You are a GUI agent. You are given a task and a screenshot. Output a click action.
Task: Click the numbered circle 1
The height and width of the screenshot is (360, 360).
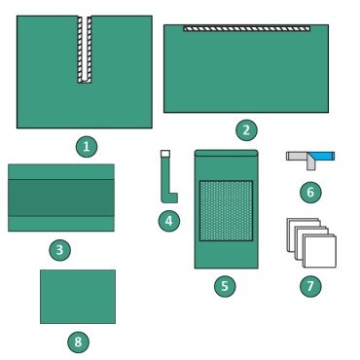pyautogui.click(x=87, y=147)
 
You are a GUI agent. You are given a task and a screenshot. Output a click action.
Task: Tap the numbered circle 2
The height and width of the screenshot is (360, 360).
pyautogui.click(x=246, y=130)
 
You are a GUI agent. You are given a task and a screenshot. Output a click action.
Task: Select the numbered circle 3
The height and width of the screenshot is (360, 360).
pyautogui.click(x=59, y=250)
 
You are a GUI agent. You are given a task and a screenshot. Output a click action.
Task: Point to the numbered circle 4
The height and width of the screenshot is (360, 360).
pyautogui.click(x=169, y=221)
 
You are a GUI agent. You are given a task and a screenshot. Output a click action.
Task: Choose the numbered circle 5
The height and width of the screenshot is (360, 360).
pyautogui.click(x=225, y=286)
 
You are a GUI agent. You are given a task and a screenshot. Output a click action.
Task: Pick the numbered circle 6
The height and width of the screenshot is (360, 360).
pyautogui.click(x=310, y=192)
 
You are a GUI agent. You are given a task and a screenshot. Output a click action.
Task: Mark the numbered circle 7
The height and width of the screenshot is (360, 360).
pyautogui.click(x=310, y=286)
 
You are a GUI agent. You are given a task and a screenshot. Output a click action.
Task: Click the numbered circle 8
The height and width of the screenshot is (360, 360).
pyautogui.click(x=78, y=342)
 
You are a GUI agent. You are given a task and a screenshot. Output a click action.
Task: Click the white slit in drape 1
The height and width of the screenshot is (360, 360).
pyautogui.click(x=85, y=48)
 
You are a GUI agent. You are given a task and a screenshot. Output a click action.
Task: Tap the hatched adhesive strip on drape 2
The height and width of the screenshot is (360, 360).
pyautogui.click(x=247, y=29)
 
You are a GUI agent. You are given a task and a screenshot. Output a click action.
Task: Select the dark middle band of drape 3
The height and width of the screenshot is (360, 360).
pyautogui.click(x=61, y=198)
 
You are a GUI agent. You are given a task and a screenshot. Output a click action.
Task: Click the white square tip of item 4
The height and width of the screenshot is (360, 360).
pyautogui.click(x=165, y=154)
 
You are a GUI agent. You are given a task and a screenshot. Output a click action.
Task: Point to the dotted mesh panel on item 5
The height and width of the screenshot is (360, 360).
pyautogui.click(x=226, y=211)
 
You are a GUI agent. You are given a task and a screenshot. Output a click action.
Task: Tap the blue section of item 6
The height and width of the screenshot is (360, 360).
pyautogui.click(x=323, y=157)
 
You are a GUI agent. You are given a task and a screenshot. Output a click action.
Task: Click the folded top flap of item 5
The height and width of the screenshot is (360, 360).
pyautogui.click(x=227, y=153)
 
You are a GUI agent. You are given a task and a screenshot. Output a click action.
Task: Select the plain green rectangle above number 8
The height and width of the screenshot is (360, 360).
pyautogui.click(x=78, y=297)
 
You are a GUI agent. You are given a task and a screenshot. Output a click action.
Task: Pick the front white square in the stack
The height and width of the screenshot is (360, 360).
pyautogui.click(x=320, y=252)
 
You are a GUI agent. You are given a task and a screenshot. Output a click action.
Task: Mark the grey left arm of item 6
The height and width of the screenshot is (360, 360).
pyautogui.click(x=297, y=156)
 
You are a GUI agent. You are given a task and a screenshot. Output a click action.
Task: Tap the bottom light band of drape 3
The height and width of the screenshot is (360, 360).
pyautogui.click(x=61, y=224)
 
